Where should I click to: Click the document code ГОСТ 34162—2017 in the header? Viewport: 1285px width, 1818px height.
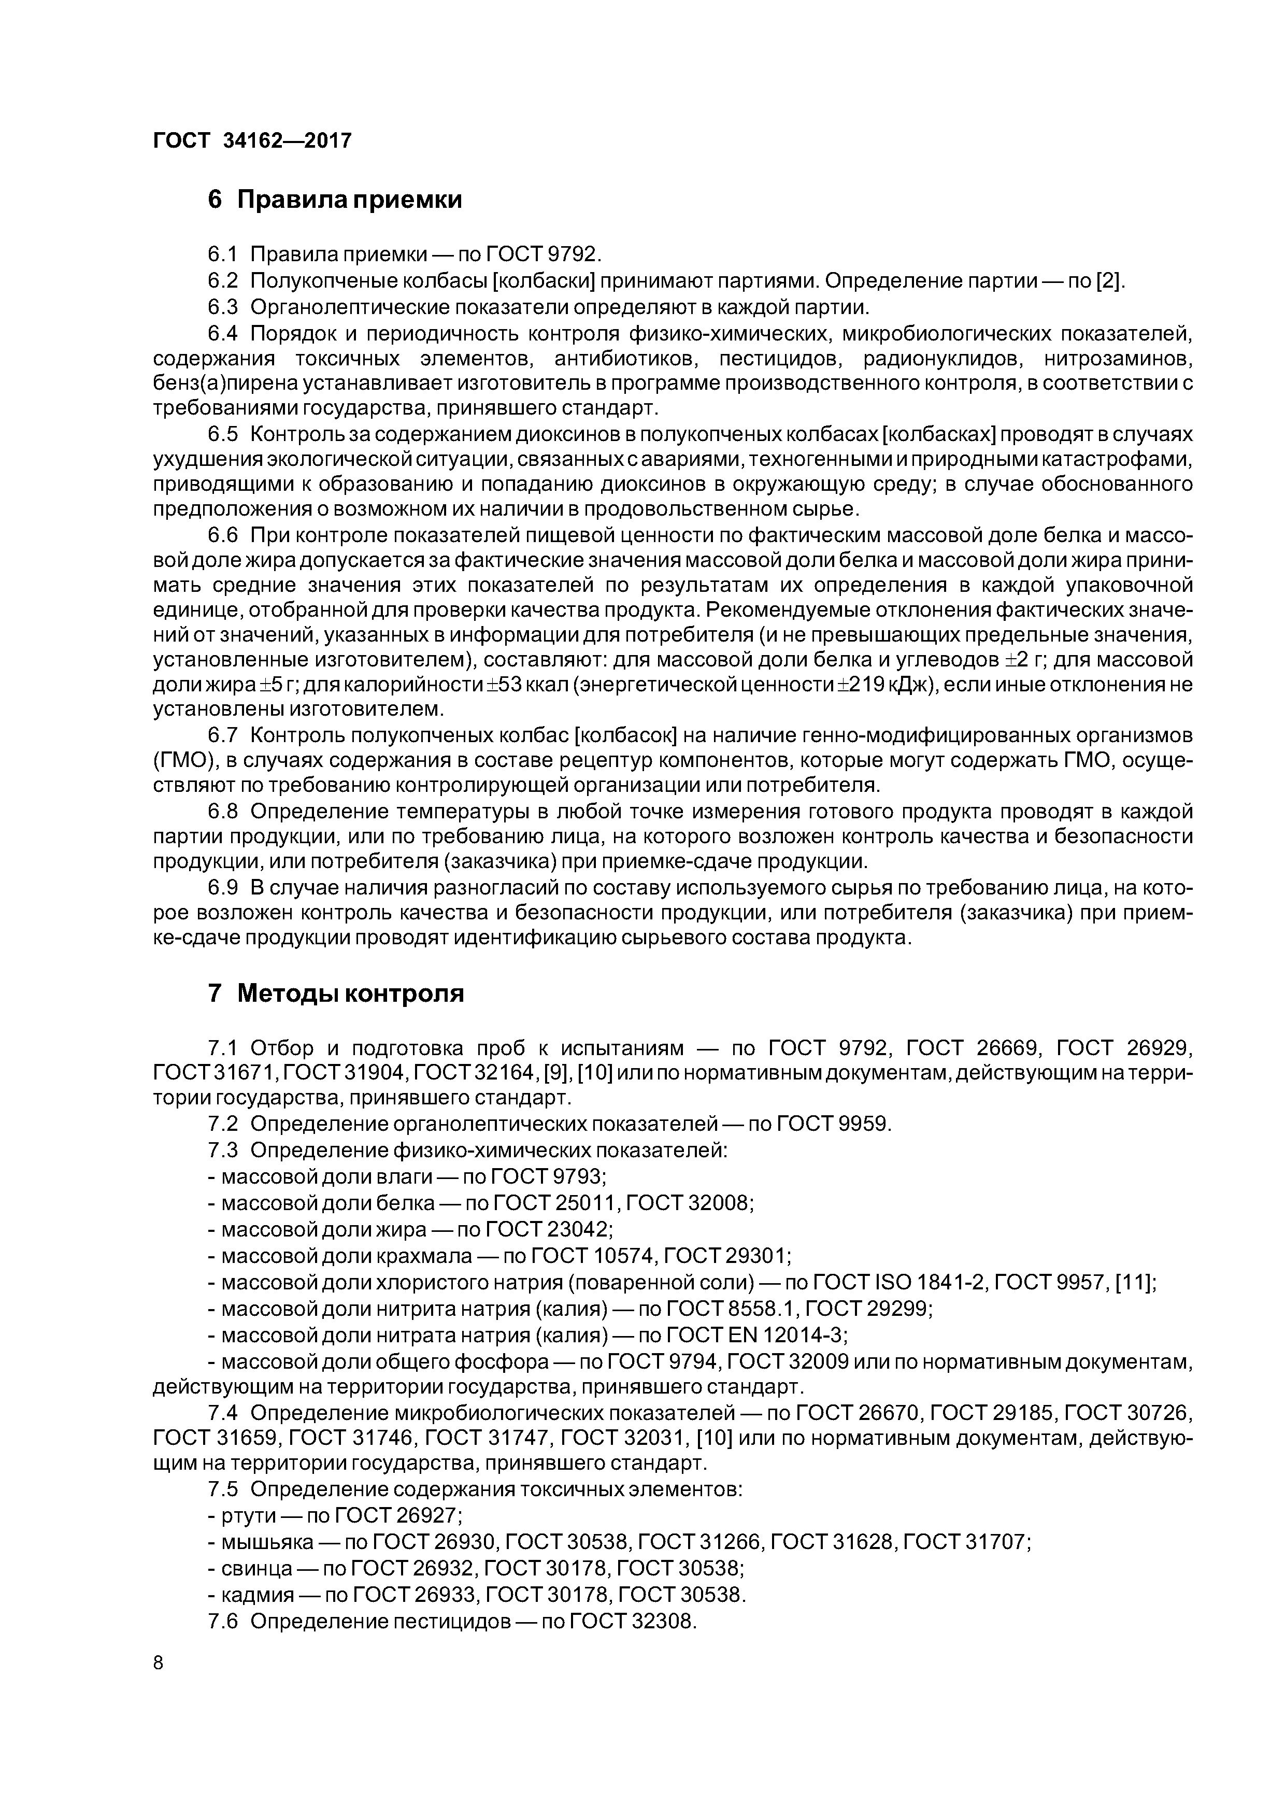(252, 141)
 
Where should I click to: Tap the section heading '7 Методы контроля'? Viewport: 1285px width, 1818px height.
(336, 993)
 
